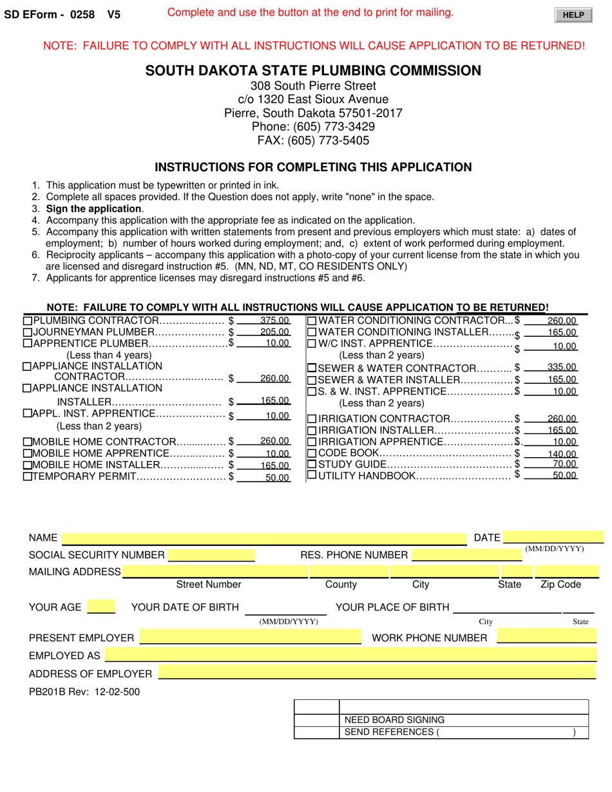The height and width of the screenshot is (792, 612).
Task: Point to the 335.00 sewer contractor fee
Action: (561, 367)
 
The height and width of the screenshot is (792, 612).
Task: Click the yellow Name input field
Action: (263, 538)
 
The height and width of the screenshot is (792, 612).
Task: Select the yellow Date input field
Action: (553, 538)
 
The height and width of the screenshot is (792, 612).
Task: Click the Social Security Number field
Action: (211, 555)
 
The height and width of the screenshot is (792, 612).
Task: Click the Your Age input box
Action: (101, 607)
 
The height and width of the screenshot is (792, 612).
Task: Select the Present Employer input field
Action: (251, 638)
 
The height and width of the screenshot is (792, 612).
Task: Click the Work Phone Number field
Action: (546, 638)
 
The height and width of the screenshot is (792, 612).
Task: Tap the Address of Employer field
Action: (377, 674)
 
